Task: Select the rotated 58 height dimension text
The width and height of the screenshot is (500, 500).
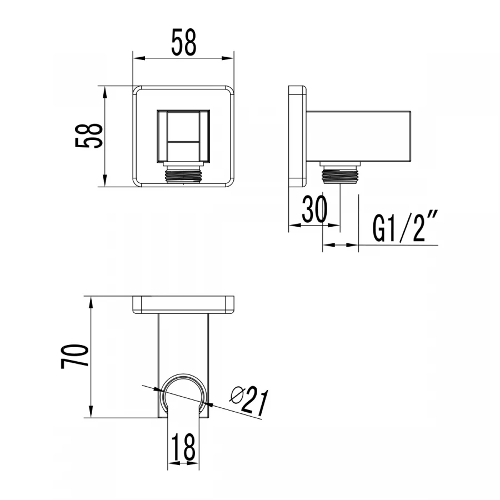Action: [89, 136]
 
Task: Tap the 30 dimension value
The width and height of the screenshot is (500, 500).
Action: [314, 209]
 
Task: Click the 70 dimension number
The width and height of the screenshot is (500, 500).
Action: [76, 356]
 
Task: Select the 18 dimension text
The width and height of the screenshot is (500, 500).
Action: [184, 447]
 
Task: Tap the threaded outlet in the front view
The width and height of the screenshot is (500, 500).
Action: [183, 174]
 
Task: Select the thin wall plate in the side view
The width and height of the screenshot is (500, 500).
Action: [297, 136]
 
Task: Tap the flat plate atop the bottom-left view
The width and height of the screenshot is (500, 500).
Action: [183, 304]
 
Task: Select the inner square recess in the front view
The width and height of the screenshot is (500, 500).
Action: [183, 136]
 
